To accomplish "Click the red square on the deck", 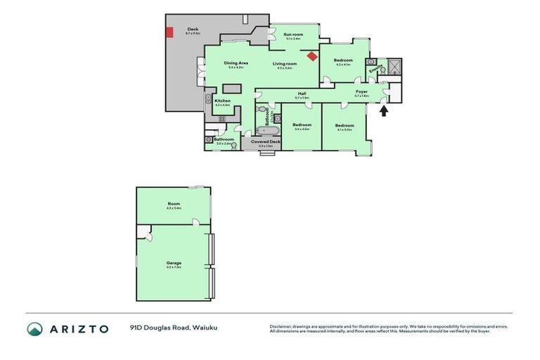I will coord(169,32).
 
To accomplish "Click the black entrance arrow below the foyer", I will coord(383,110).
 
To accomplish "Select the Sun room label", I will coord(293,34).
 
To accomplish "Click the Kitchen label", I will coord(222,101).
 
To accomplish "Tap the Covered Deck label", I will coord(265,142).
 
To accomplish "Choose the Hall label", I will coord(301,93).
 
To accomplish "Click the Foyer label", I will coord(361,92).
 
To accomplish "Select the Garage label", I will coord(174,263).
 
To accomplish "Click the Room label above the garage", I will coord(174,204).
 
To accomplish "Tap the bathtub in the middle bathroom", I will coord(267,129).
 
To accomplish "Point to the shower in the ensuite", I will coord(393,67).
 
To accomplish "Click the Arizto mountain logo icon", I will coord(34,328).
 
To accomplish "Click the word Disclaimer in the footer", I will coord(281,326).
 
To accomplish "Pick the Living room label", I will coord(285,64).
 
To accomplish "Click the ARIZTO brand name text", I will coord(79,328).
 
